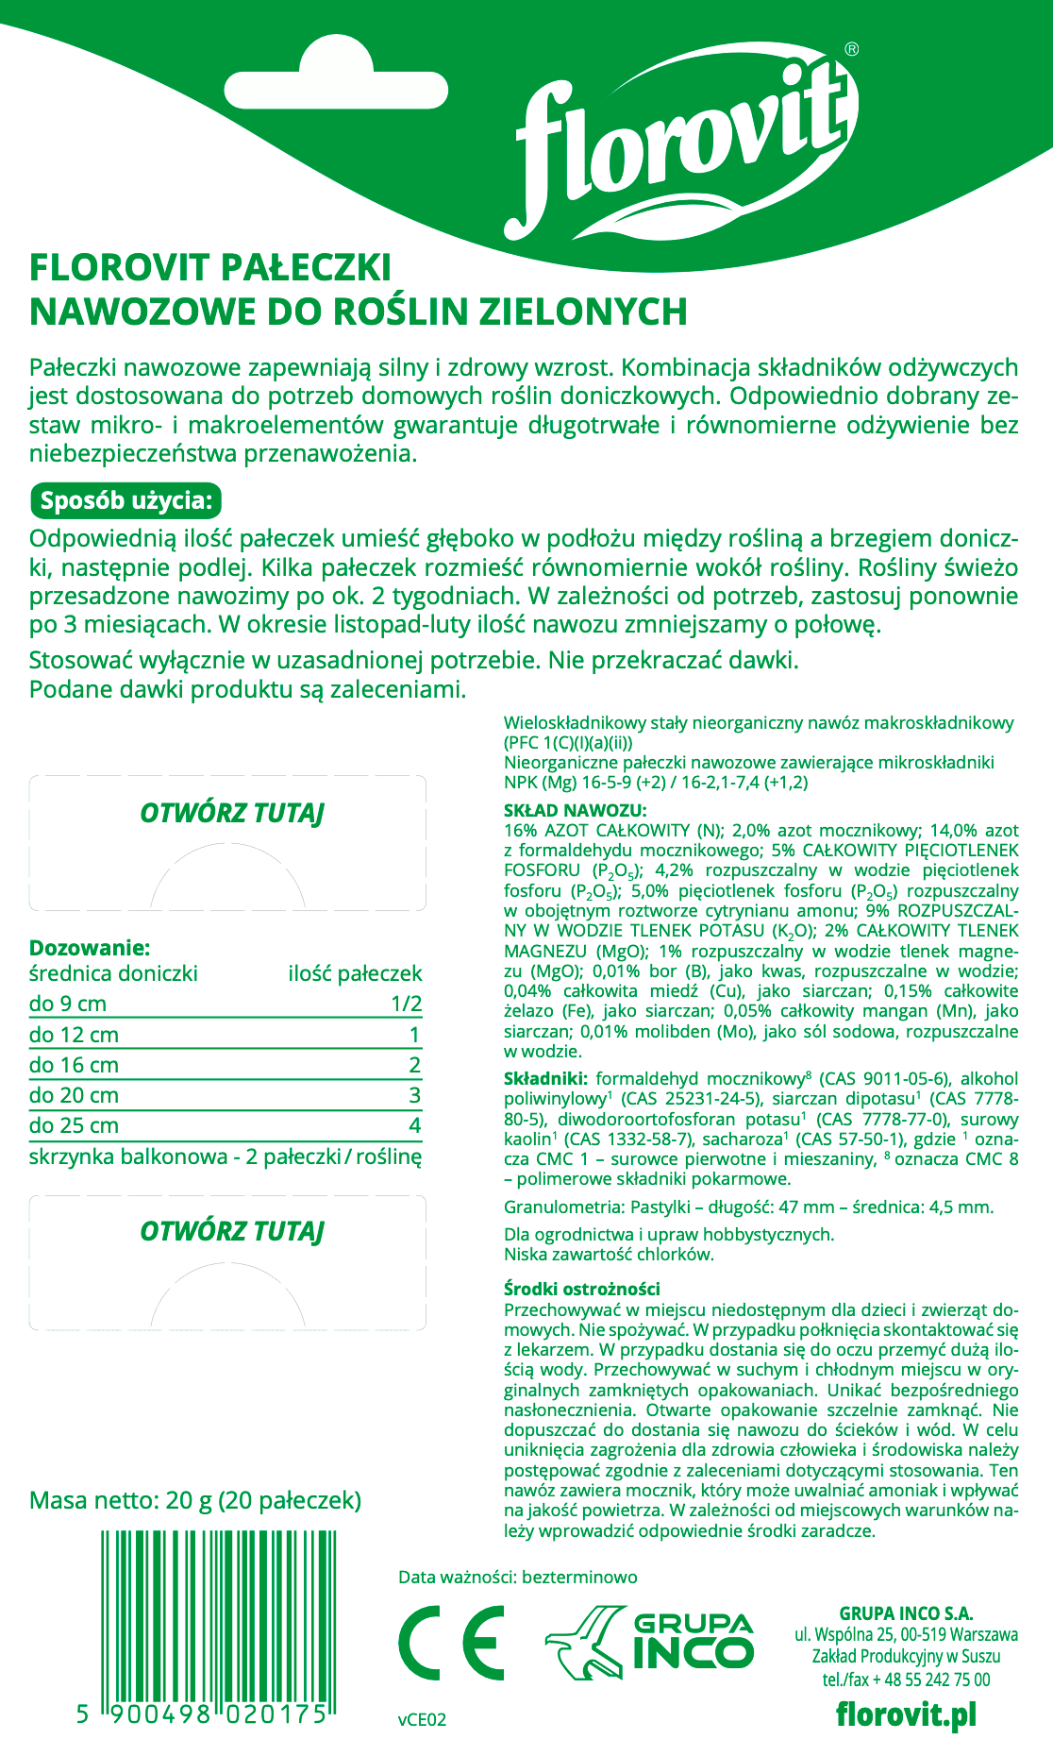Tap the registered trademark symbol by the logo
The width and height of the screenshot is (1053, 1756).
[850, 50]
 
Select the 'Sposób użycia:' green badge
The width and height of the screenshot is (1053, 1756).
[125, 499]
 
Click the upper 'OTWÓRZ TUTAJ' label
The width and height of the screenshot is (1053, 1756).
[232, 813]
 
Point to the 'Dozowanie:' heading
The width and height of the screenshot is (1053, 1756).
[90, 948]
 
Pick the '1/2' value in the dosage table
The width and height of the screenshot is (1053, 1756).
[407, 1004]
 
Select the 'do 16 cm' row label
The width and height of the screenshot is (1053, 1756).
[74, 1065]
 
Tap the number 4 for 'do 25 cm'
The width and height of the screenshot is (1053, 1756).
[415, 1125]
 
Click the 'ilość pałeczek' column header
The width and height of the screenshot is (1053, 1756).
[355, 973]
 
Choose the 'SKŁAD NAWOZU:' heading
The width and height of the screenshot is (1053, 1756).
[575, 810]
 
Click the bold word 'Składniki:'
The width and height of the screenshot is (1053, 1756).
[545, 1078]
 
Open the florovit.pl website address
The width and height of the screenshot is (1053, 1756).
[906, 1714]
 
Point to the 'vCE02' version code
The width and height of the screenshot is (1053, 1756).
[422, 1719]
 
